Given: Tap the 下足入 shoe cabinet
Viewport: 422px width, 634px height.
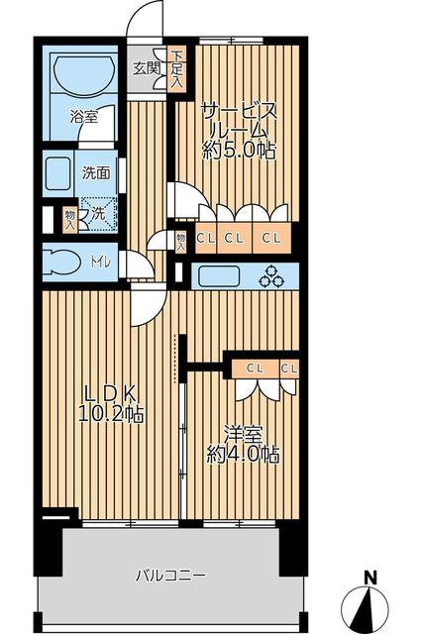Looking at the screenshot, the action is pyautogui.click(x=177, y=69).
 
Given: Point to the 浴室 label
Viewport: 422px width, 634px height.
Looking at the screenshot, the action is pyautogui.click(x=83, y=117).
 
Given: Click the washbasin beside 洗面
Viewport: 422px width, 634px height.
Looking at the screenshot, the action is pyautogui.click(x=58, y=173).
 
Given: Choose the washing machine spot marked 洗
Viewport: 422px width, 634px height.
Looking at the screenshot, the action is pyautogui.click(x=98, y=214).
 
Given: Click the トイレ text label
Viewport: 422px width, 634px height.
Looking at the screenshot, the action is pyautogui.click(x=100, y=263).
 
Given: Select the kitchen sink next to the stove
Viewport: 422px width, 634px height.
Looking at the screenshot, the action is pyautogui.click(x=219, y=275).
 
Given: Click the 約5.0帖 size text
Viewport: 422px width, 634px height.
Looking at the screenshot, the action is pyautogui.click(x=240, y=151).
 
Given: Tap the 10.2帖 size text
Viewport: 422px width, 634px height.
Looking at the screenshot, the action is pyautogui.click(x=111, y=414).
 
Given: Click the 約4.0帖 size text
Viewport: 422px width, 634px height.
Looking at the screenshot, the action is pyautogui.click(x=244, y=455).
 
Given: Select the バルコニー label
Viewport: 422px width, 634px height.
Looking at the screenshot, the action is pyautogui.click(x=170, y=575).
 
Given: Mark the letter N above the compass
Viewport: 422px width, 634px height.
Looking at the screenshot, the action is pyautogui.click(x=369, y=578).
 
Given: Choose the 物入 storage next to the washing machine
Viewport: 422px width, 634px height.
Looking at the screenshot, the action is pyautogui.click(x=69, y=220).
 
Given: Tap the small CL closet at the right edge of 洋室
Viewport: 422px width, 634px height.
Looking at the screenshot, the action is pyautogui.click(x=289, y=369).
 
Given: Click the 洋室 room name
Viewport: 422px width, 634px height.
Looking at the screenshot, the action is pyautogui.click(x=244, y=434).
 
